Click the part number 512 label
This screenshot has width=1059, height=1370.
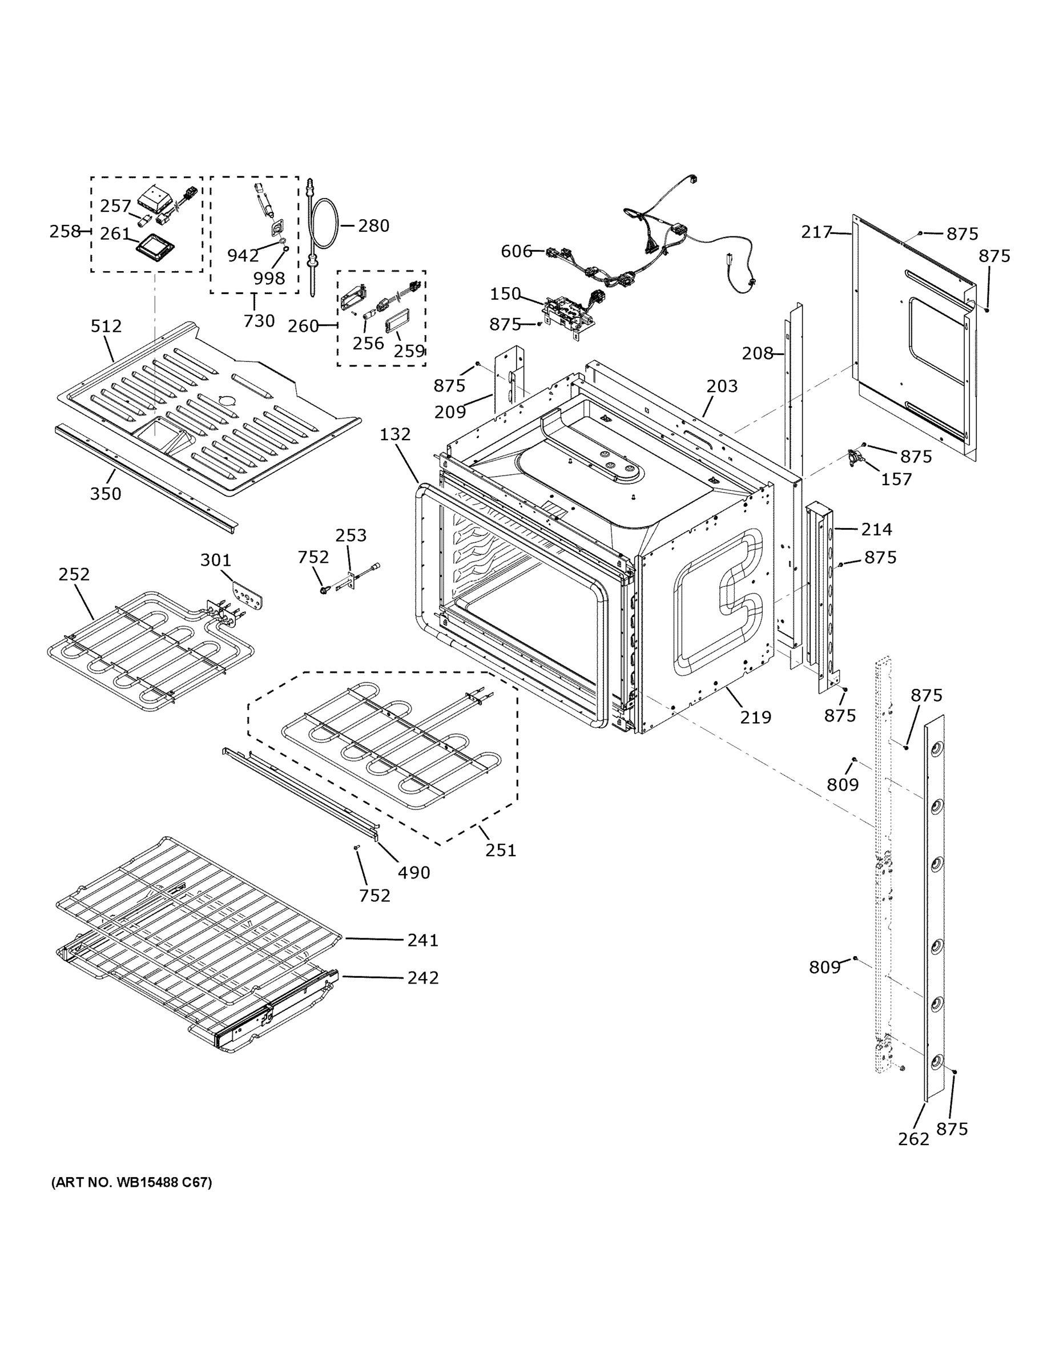[106, 326]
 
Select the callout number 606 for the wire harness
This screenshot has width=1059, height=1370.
[516, 252]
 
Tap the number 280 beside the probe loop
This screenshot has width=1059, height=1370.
[373, 226]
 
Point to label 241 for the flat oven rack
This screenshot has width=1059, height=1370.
[423, 940]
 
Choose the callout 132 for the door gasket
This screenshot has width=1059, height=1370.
[395, 434]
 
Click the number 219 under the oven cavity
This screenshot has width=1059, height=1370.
[755, 717]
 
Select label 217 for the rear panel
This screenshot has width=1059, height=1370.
[816, 233]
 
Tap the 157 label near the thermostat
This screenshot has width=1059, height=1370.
[896, 479]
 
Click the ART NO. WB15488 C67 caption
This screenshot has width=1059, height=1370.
[132, 1182]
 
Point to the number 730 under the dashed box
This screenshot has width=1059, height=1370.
[259, 321]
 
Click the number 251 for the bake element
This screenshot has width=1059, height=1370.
[500, 851]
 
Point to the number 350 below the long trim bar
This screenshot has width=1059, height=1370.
[106, 494]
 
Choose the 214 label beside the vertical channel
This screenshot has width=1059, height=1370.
[876, 529]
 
